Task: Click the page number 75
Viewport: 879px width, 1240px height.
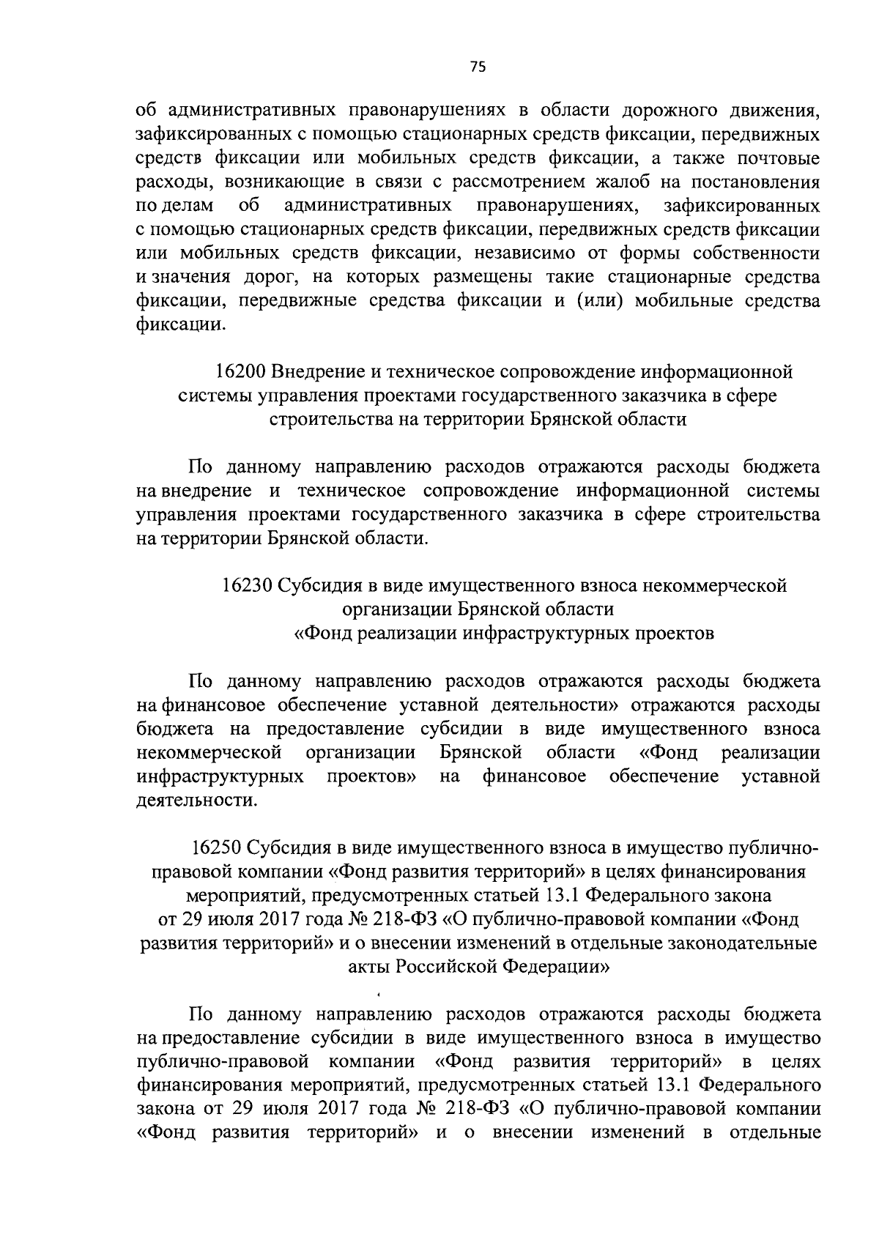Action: click(477, 67)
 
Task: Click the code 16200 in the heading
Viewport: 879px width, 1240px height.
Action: click(240, 372)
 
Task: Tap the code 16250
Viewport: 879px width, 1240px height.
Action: click(215, 848)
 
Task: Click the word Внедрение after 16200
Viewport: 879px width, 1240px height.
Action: click(316, 372)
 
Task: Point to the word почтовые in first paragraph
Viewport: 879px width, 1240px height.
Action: click(778, 158)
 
